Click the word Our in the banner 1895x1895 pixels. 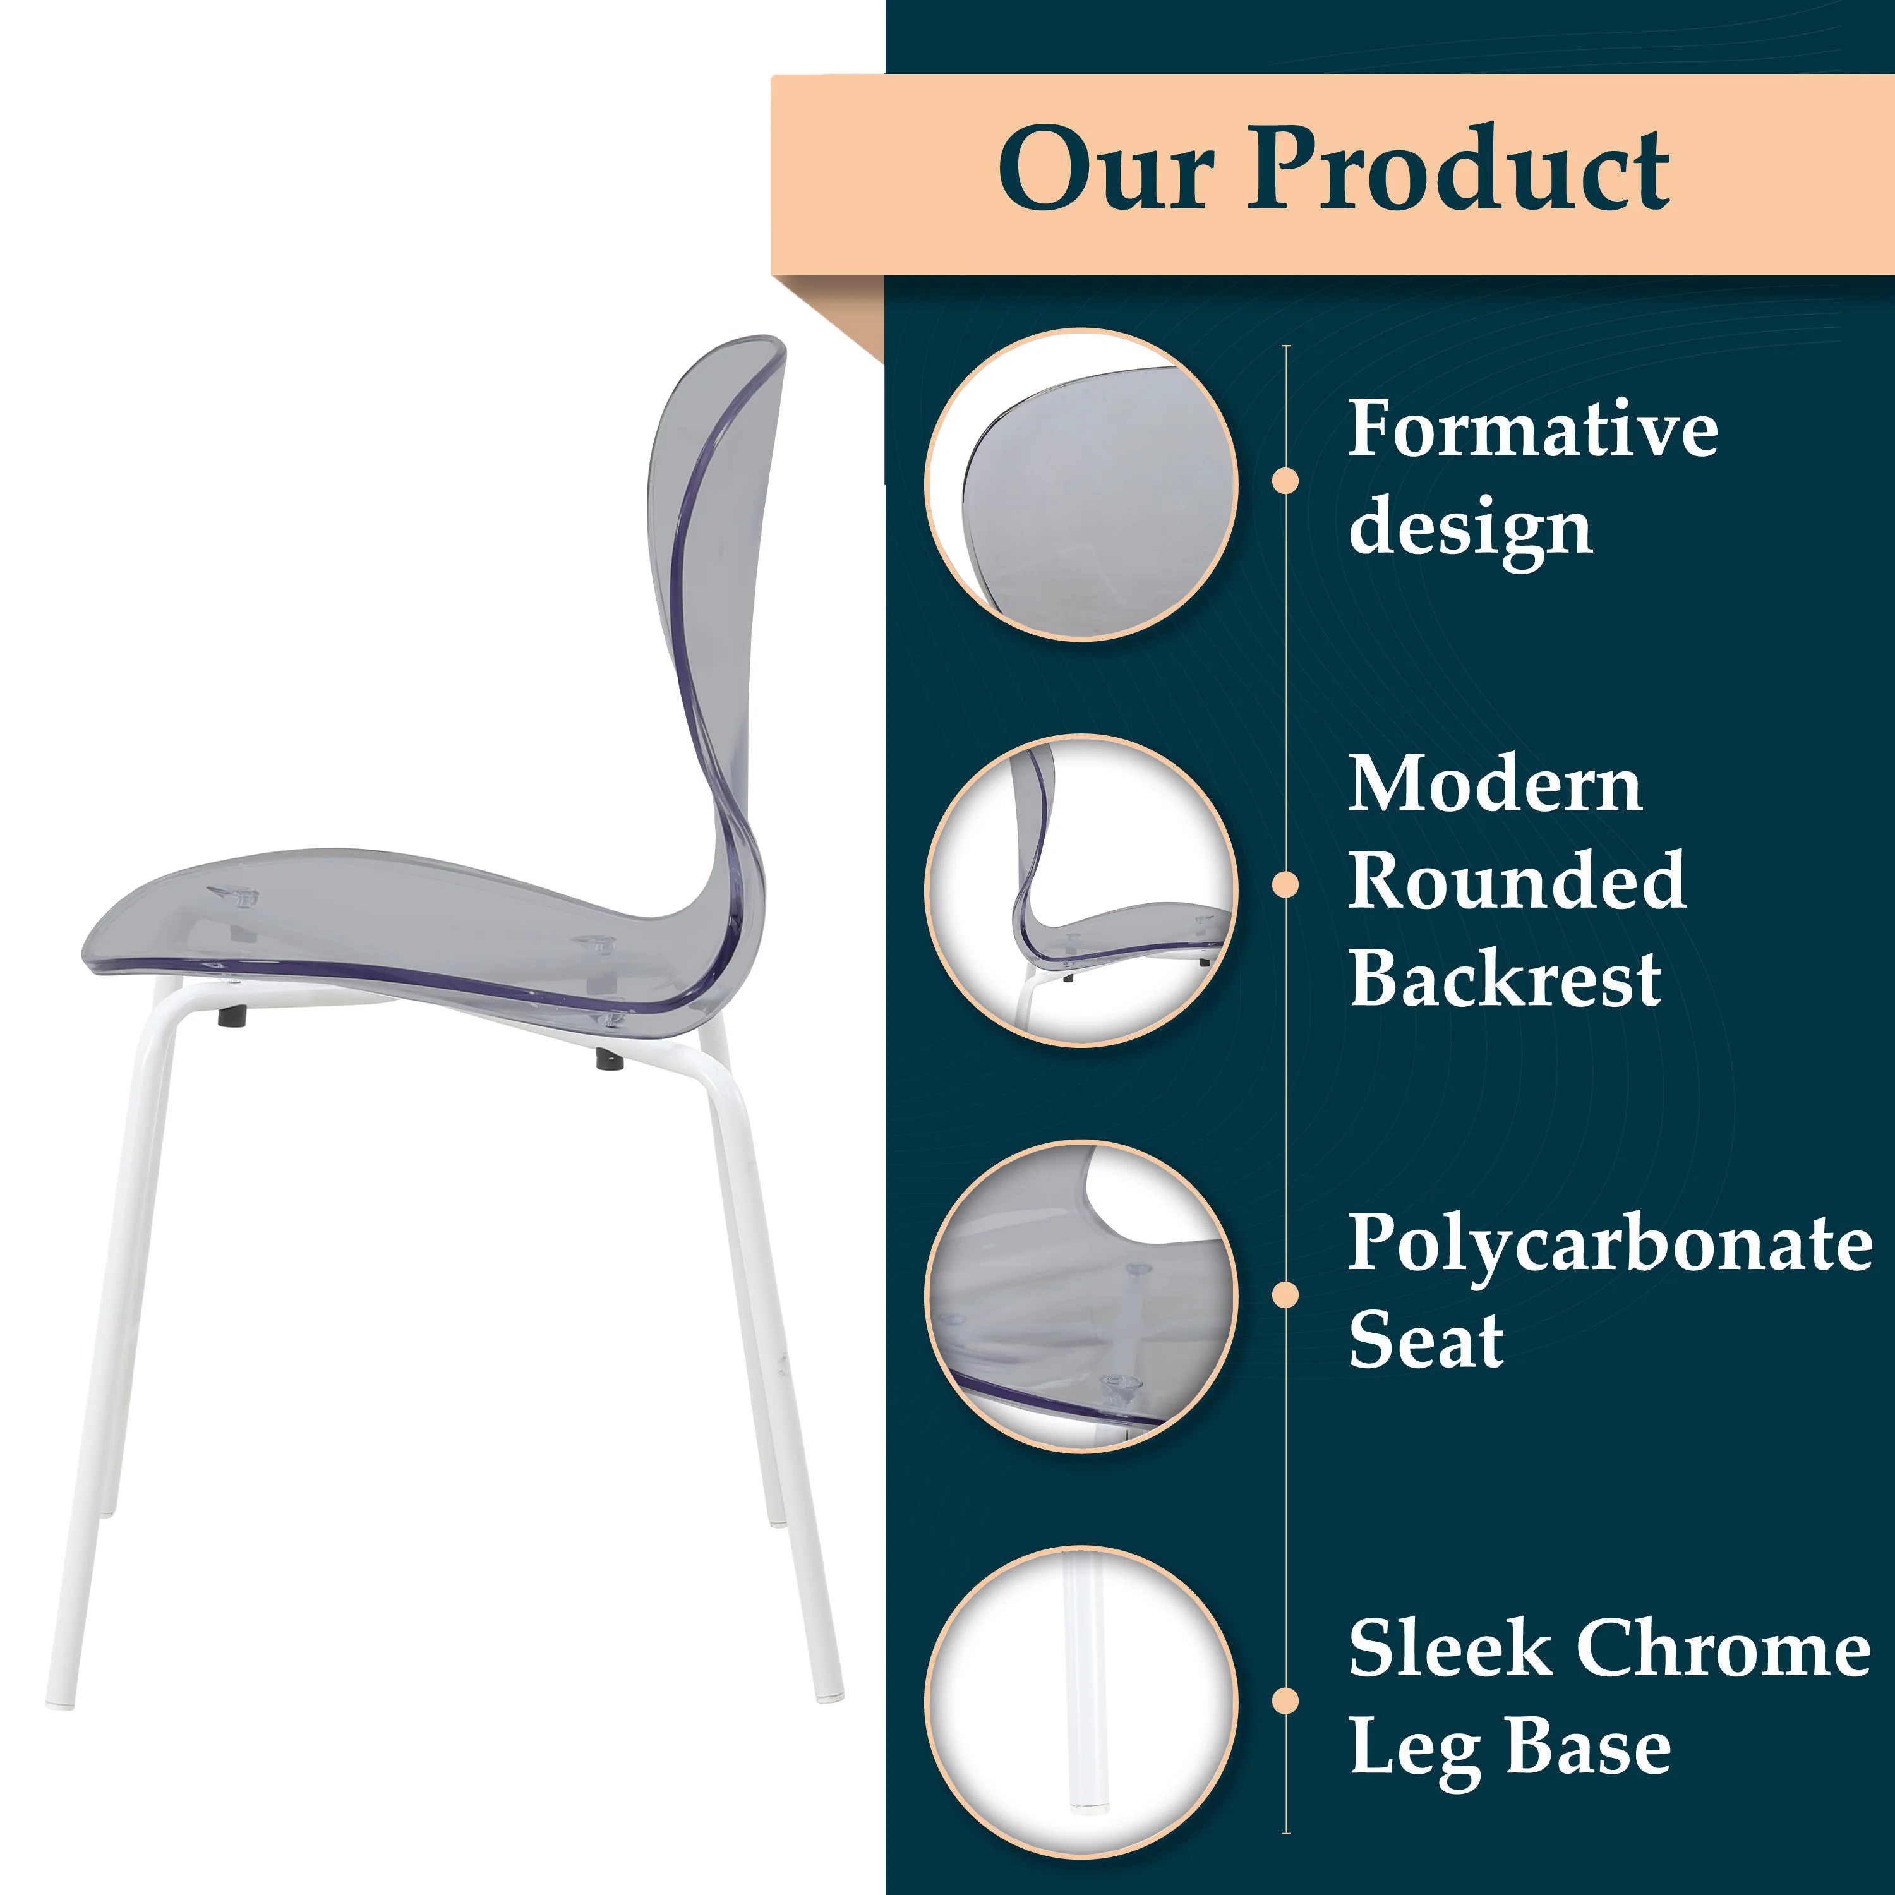click(x=1107, y=169)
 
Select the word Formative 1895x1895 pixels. click(x=1532, y=429)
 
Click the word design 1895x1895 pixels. click(x=1469, y=527)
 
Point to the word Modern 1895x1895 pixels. click(x=1495, y=785)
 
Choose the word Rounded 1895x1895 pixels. click(x=1517, y=881)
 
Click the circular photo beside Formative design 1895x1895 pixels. click(x=1081, y=484)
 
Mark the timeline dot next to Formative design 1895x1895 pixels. click(x=1285, y=481)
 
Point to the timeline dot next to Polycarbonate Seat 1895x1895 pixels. click(x=1285, y=1295)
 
